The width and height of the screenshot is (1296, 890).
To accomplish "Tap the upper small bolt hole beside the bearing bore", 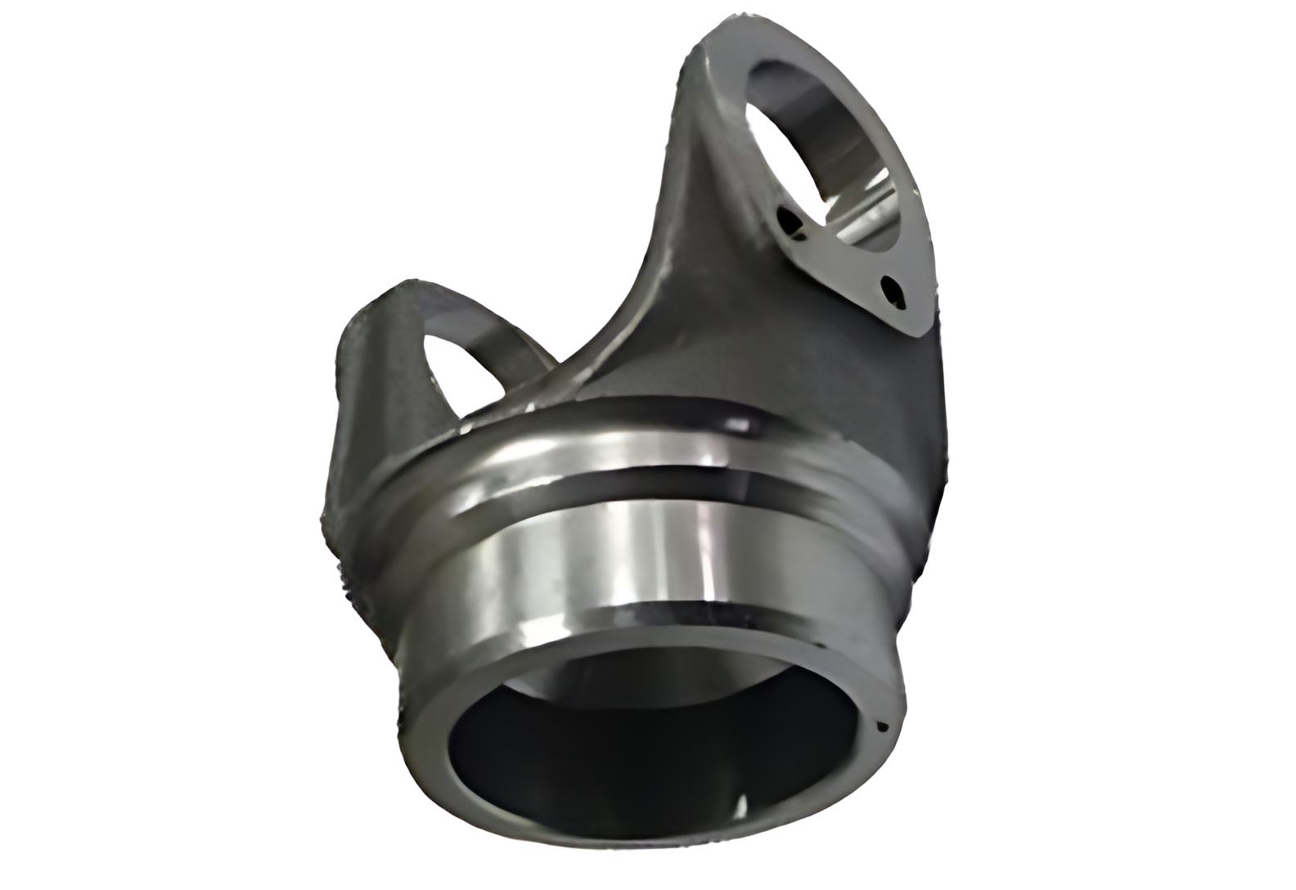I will pos(789,222).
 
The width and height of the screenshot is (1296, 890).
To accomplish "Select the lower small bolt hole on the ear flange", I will pos(889,291).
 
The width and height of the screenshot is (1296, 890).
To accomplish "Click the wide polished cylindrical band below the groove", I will pos(655,564).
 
